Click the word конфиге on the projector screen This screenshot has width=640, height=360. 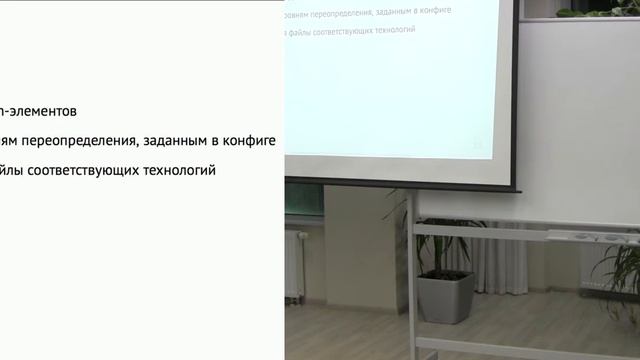point(429,10)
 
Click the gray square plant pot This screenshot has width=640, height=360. point(445,297)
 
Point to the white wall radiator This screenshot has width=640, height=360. point(294,264)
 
